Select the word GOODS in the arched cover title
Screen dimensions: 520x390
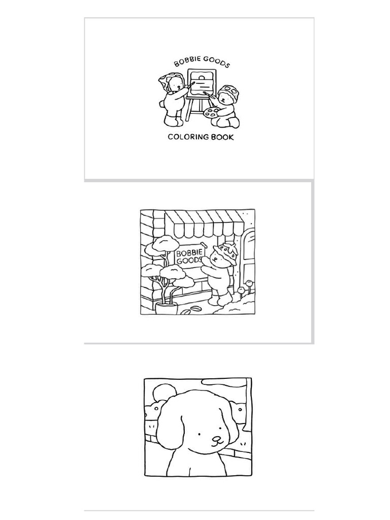216,62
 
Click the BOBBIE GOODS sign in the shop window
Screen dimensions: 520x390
189,256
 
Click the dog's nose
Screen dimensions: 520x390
217,439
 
